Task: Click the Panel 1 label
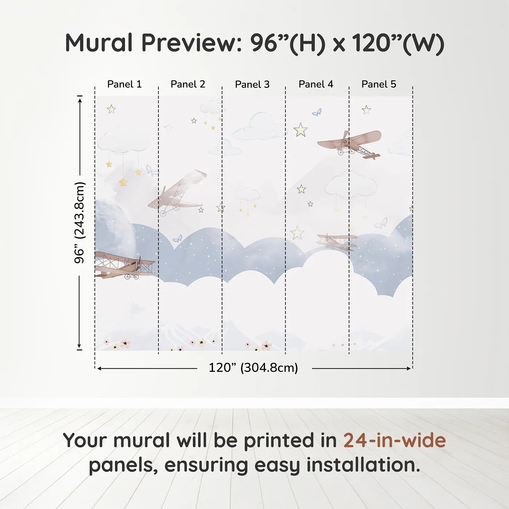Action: click(x=124, y=84)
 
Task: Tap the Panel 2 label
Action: click(x=188, y=84)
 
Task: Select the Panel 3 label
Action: click(x=252, y=85)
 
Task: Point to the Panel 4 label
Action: click(x=316, y=84)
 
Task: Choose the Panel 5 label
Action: click(x=379, y=84)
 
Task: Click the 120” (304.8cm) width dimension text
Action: click(x=253, y=368)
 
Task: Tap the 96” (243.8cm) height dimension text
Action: click(x=79, y=223)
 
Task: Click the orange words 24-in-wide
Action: click(x=394, y=441)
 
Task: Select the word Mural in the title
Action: click(x=99, y=43)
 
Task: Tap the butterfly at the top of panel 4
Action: click(x=317, y=112)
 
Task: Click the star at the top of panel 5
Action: click(x=366, y=110)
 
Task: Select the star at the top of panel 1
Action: click(x=111, y=109)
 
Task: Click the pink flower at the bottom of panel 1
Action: click(x=125, y=343)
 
